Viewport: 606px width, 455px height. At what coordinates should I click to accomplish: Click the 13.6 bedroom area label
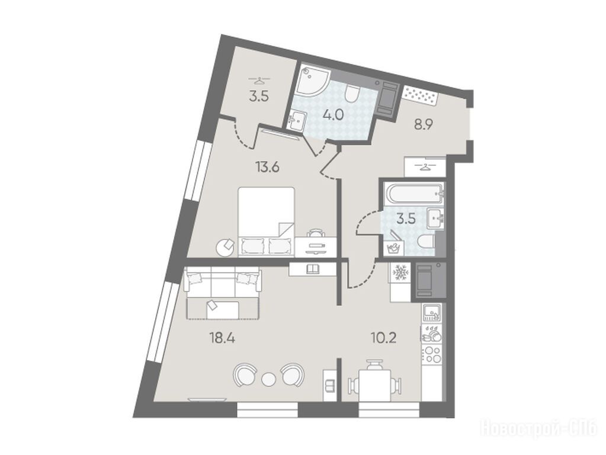tap(267, 168)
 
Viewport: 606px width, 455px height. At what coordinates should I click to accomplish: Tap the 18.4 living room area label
tap(222, 339)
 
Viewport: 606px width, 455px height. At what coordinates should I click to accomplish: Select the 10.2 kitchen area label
tap(384, 339)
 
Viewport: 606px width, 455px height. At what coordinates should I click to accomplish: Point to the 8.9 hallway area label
tap(423, 125)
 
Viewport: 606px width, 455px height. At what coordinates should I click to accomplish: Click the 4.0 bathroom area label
tap(334, 115)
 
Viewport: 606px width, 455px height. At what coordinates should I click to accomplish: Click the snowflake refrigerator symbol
tap(400, 273)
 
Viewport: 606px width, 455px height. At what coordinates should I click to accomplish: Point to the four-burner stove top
tap(432, 355)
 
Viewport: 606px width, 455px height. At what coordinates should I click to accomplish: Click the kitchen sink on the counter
tap(432, 313)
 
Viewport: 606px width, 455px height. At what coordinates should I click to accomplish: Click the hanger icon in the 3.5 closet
tap(259, 81)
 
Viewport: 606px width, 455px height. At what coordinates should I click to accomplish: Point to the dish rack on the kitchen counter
tap(432, 333)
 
